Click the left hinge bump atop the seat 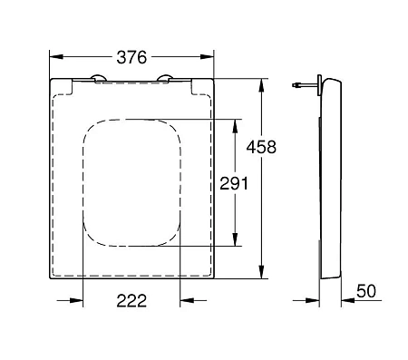[x=96, y=77]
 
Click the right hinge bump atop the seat [x=165, y=77]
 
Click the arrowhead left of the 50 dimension [x=318, y=299]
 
